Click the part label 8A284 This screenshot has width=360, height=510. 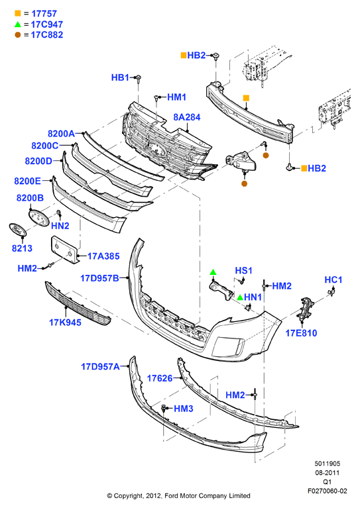(187, 117)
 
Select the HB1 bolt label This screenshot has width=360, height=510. (120, 77)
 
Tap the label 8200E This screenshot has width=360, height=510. (28, 181)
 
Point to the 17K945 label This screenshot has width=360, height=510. (65, 323)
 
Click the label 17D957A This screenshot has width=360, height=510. (100, 366)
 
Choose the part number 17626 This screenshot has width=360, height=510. (160, 378)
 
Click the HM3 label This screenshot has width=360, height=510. (184, 409)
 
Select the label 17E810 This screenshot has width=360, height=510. (301, 332)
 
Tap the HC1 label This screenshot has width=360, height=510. (333, 280)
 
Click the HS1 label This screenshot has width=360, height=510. (244, 270)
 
